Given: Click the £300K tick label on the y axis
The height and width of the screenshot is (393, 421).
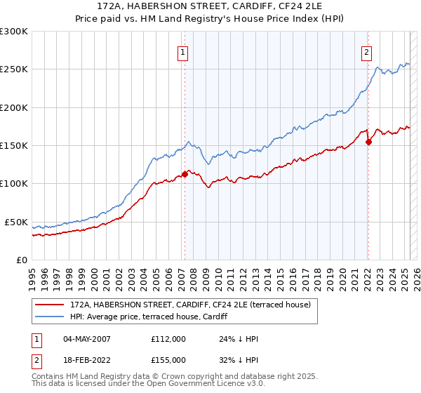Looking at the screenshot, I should [14, 32].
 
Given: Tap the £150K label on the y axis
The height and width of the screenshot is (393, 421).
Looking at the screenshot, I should [14, 145].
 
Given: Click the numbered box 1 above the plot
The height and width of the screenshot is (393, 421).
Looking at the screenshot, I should [182, 51].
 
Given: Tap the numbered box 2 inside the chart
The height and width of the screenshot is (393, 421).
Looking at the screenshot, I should [366, 51].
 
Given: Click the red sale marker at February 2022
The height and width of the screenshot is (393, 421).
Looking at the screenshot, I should [369, 141].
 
